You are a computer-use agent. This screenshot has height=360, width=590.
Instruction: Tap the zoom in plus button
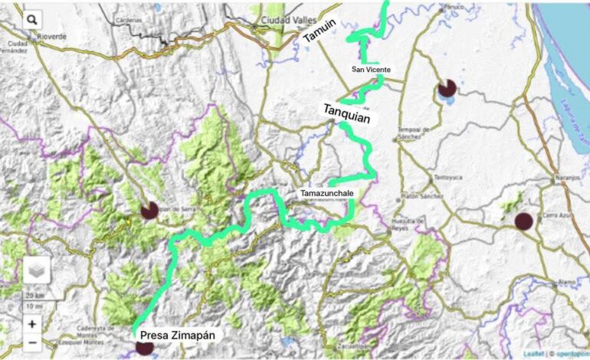coord(32,324)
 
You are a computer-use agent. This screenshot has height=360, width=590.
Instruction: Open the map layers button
coord(37,270)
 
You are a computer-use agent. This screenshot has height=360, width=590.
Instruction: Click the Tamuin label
coord(320,30)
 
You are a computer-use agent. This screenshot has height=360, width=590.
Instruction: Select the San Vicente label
coord(371,70)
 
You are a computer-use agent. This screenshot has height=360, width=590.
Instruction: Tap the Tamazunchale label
coord(327,194)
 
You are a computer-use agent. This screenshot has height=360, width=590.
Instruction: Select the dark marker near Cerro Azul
coord(523,221)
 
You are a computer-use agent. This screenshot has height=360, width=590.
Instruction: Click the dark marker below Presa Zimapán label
coord(145,348)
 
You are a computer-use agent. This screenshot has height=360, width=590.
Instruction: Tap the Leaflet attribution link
coord(534,354)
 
